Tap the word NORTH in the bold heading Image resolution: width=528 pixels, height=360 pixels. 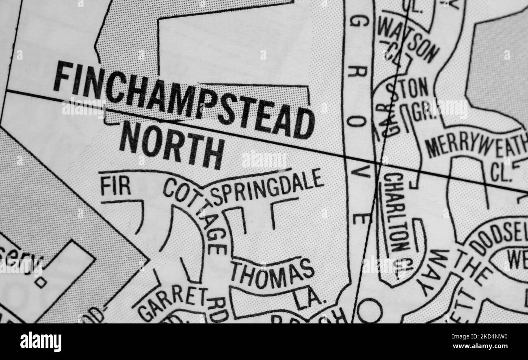pyautogui.click(x=171, y=145)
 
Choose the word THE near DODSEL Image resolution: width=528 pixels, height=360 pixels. pyautogui.click(x=473, y=268)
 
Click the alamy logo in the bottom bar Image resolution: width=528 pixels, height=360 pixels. pyautogui.click(x=41, y=341)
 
